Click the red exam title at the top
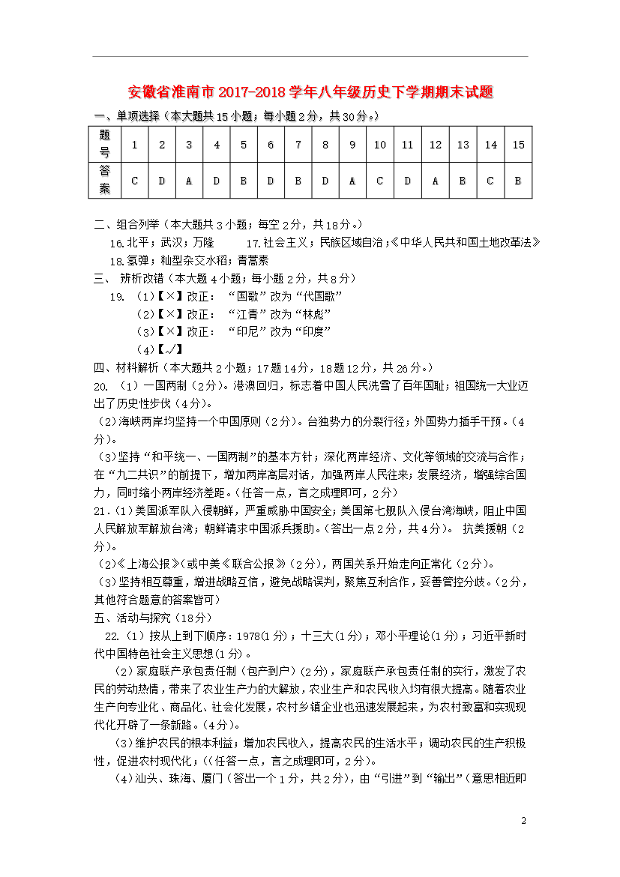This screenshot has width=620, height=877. pyautogui.click(x=310, y=93)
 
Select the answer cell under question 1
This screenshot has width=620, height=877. pyautogui.click(x=134, y=181)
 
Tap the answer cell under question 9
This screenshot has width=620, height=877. pyautogui.click(x=352, y=181)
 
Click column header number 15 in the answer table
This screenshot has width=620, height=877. pyautogui.click(x=518, y=145)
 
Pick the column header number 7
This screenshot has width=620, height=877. pyautogui.click(x=298, y=145)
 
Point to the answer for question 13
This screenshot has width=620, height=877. pyautogui.click(x=463, y=181)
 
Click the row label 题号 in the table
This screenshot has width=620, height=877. pyautogui.click(x=104, y=145)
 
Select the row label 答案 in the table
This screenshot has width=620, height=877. pyautogui.click(x=104, y=181)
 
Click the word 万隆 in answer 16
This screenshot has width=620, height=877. pyautogui.click(x=203, y=243)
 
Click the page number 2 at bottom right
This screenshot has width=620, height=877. pyautogui.click(x=525, y=822)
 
